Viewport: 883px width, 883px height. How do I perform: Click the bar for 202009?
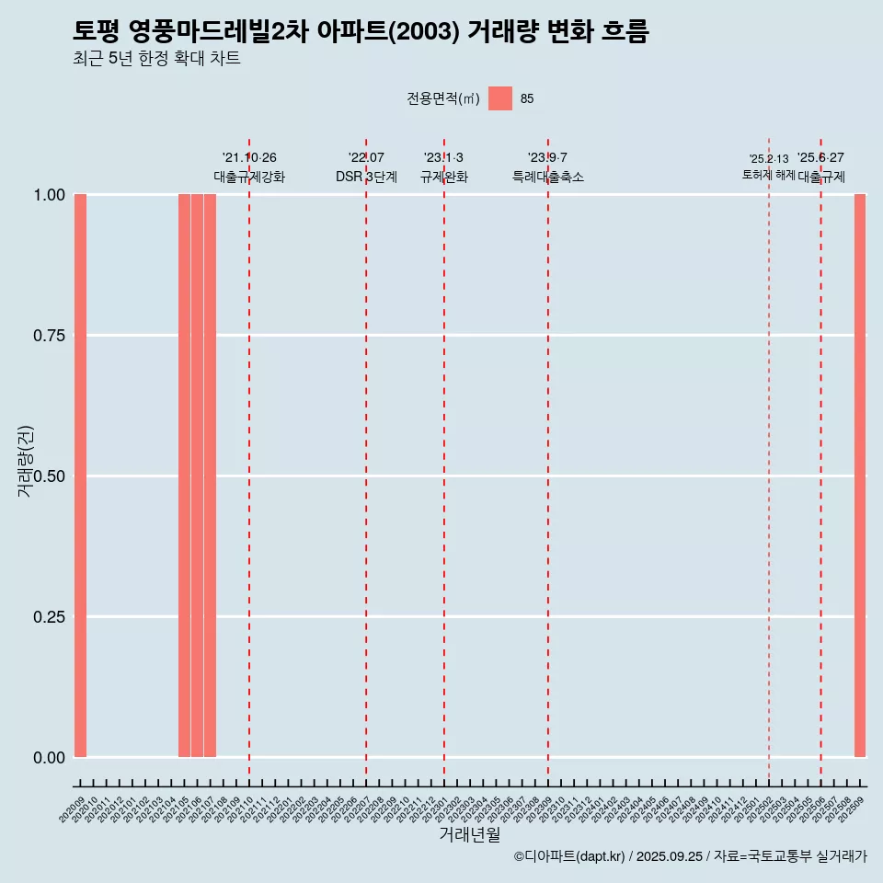[x=80, y=476]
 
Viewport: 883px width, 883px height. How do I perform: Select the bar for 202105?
[x=184, y=476]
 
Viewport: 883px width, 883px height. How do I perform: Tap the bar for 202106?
[x=197, y=476]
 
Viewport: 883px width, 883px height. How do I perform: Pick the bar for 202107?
[x=210, y=476]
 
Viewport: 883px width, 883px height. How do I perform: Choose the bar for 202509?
[x=860, y=476]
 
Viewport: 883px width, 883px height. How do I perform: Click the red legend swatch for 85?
[x=500, y=98]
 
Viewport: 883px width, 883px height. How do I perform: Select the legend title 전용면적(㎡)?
[x=443, y=98]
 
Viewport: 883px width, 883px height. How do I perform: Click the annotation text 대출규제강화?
[x=249, y=177]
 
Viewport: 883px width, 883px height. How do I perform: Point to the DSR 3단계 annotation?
[x=366, y=177]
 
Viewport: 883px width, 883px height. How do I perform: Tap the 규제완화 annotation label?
[x=444, y=177]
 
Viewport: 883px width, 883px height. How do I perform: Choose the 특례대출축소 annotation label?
[x=548, y=177]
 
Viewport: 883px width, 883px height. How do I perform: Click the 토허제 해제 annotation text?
[x=769, y=175]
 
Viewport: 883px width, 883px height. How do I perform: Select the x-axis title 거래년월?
[x=470, y=835]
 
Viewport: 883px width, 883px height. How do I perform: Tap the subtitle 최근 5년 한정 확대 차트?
[x=156, y=60]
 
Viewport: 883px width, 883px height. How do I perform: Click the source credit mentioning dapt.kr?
[x=690, y=856]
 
